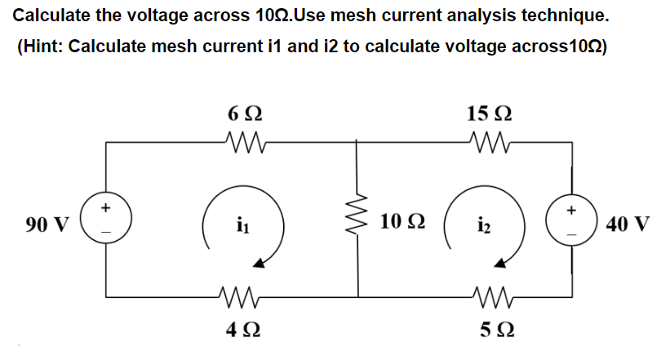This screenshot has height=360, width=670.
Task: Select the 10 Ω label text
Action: (x=402, y=222)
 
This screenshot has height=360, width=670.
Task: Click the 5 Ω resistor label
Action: (x=492, y=331)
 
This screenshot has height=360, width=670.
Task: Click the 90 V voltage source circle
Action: (x=105, y=221)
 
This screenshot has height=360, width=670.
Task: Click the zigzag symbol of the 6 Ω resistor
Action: (x=243, y=145)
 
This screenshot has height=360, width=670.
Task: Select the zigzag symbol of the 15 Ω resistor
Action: (x=490, y=145)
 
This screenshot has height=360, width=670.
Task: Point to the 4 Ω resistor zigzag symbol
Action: (x=243, y=296)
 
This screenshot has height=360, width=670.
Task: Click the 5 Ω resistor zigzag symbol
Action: (x=490, y=296)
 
